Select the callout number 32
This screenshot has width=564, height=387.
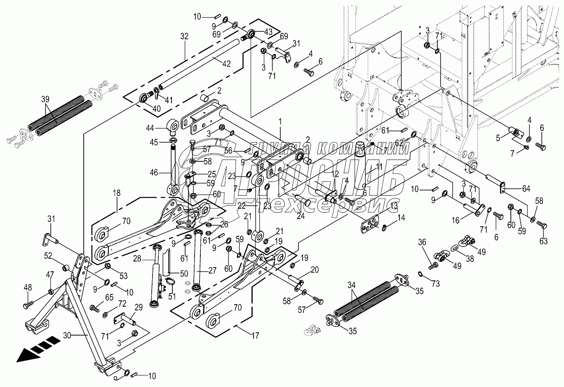(184, 36)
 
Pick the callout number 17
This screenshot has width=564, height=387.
(255, 336)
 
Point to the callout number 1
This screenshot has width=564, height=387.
(280, 122)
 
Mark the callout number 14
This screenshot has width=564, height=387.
(401, 217)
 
